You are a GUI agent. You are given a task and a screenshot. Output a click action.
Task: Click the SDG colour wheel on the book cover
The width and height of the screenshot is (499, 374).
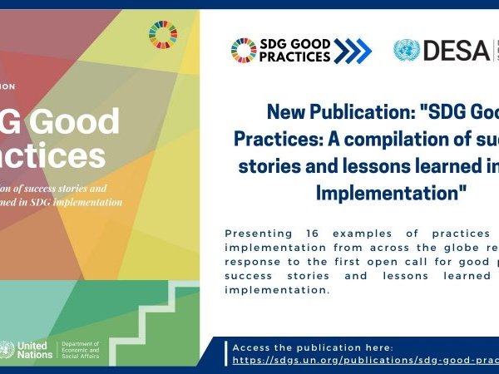click(x=163, y=35)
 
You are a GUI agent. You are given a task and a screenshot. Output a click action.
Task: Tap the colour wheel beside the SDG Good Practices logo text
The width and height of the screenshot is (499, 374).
click(x=244, y=51)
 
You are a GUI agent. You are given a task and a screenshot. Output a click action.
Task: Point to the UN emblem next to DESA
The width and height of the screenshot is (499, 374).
click(x=407, y=51)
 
